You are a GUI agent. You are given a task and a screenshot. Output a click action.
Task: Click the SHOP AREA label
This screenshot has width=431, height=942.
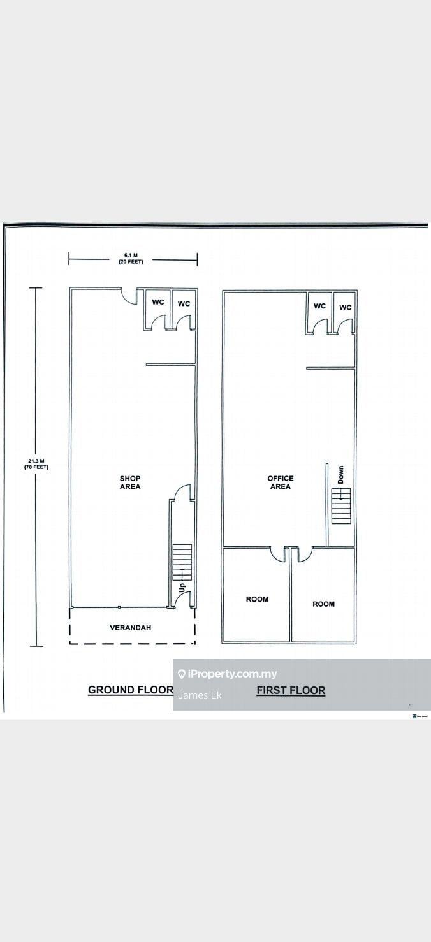(130, 482)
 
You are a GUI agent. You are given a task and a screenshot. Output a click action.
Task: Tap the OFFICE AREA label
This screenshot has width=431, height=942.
(281, 482)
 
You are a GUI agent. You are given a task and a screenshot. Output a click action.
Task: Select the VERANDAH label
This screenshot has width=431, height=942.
(130, 627)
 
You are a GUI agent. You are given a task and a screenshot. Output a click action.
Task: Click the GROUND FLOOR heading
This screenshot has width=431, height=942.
(131, 690)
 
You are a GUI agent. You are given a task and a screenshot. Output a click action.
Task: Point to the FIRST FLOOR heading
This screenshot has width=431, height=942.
(291, 690)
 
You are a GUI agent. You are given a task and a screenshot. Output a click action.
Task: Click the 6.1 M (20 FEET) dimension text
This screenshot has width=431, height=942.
(131, 258)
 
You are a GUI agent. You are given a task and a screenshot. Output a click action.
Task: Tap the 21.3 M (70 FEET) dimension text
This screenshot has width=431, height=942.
(36, 464)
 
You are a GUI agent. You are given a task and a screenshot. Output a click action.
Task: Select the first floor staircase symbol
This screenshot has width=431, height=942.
(342, 505)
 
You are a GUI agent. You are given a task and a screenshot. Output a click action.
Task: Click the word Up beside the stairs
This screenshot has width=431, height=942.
(182, 588)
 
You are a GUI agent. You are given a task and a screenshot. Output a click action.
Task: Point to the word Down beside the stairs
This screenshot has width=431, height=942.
(340, 474)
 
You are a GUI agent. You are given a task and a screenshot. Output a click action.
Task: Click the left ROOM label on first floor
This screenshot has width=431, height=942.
(258, 599)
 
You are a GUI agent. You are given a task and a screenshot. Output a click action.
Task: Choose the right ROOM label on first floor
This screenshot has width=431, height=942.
(324, 604)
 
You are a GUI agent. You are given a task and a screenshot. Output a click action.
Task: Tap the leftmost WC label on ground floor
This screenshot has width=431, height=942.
(158, 302)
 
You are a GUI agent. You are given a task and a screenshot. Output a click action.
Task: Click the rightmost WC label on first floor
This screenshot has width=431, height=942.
(345, 307)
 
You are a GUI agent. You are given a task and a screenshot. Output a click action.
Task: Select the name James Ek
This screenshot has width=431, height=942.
(200, 695)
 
